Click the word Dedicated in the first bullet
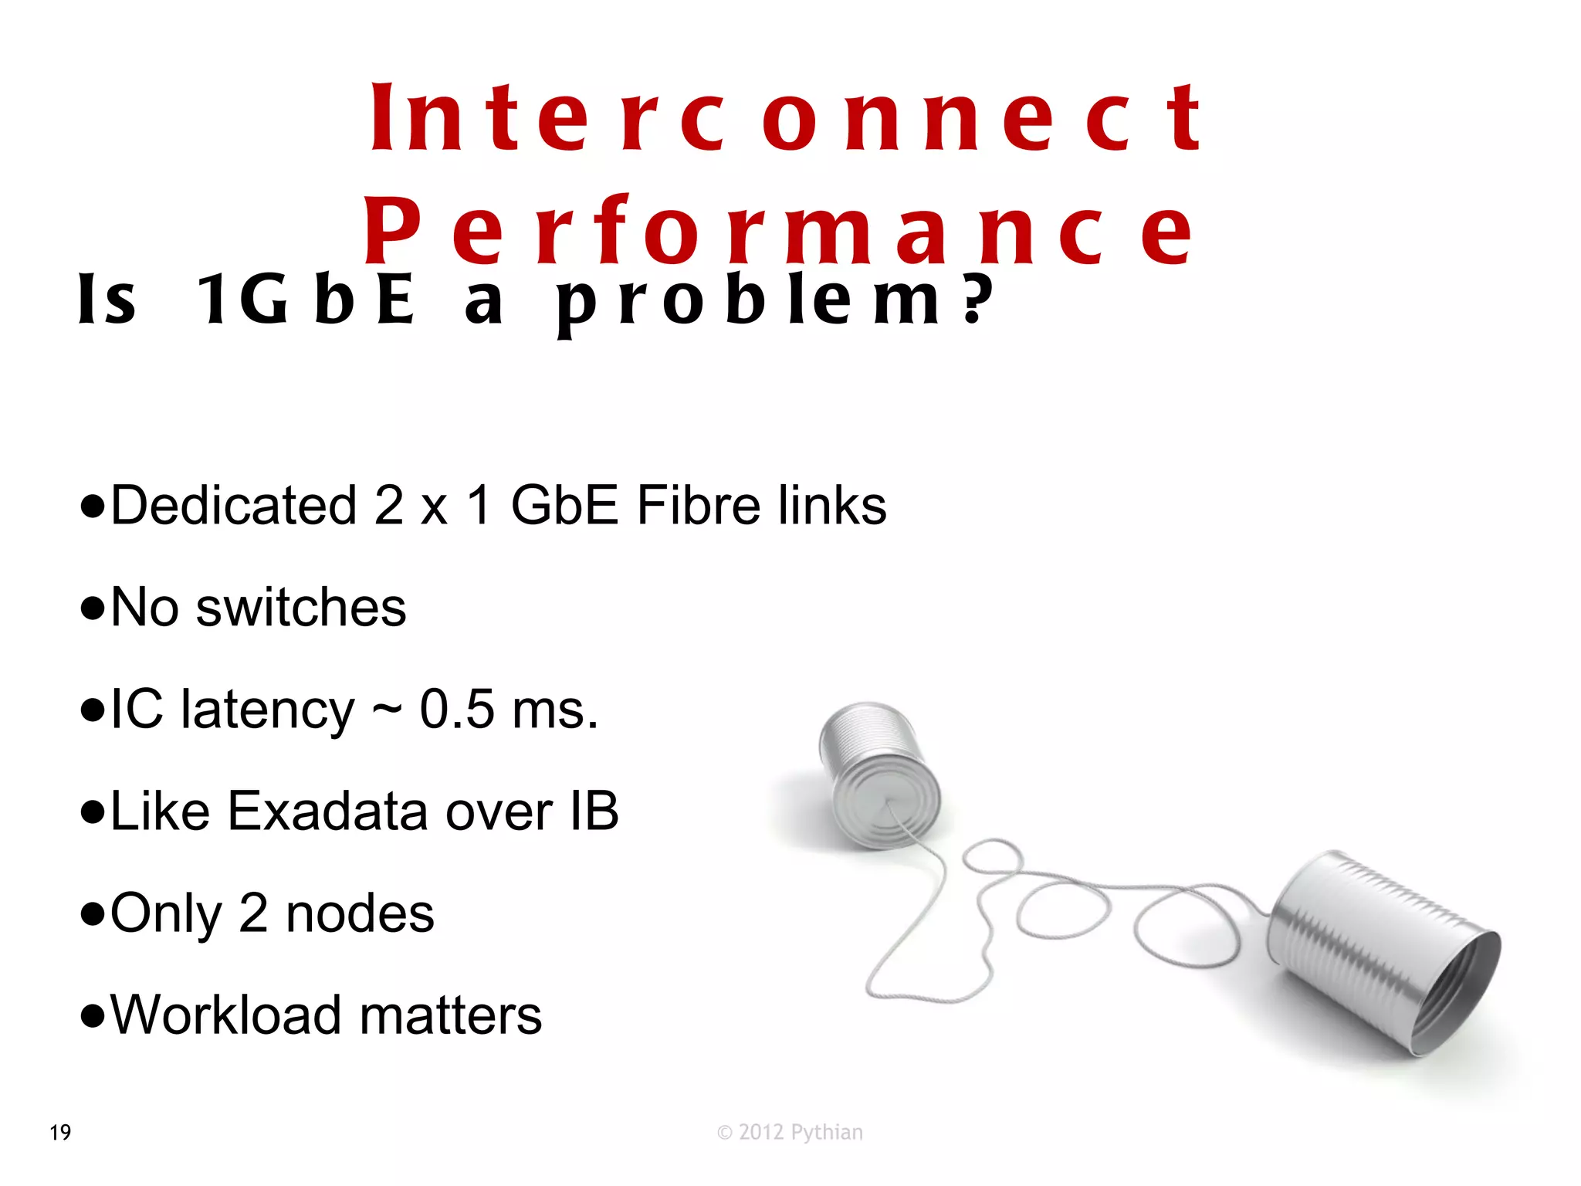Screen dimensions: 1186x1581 coord(233,506)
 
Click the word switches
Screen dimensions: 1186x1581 coord(301,608)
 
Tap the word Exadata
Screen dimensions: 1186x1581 coord(327,812)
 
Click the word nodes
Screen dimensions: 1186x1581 coord(360,913)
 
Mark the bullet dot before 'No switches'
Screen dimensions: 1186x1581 coord(92,608)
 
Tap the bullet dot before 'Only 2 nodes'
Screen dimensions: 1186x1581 coord(92,914)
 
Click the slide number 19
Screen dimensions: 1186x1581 coord(60,1133)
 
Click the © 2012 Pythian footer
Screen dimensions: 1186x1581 coord(790,1133)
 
